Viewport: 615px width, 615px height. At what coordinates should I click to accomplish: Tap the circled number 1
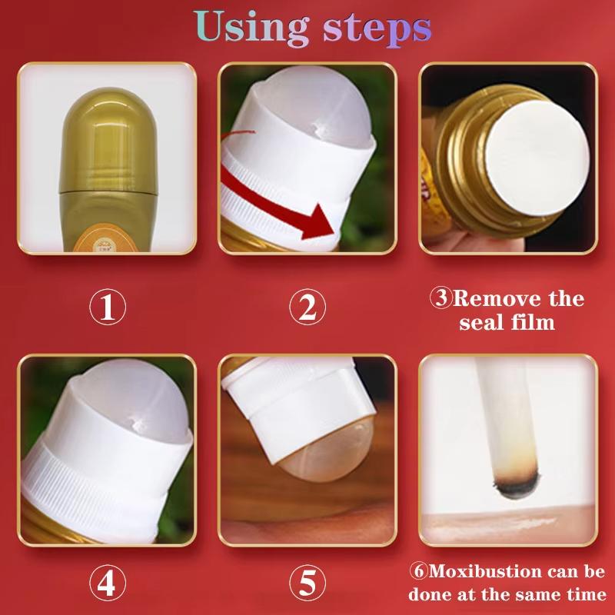pos(108,307)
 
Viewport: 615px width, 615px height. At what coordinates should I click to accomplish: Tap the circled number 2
pos(307,307)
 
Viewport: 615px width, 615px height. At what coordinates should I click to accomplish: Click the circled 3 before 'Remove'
pos(441,298)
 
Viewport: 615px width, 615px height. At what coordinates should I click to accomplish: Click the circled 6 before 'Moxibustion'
pos(419,571)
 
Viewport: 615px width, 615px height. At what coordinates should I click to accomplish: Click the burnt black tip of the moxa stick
pos(516,485)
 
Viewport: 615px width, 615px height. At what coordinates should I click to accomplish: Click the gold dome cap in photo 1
pos(108,140)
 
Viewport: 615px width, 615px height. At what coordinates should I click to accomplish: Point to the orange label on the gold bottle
pos(106,239)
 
